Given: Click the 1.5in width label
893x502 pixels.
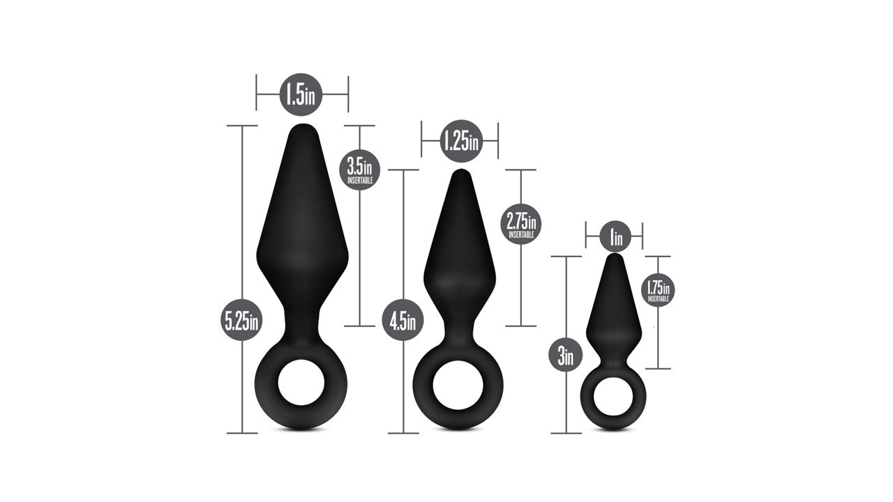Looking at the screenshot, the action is tap(301, 94).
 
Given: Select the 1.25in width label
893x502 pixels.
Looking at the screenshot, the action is tap(461, 141).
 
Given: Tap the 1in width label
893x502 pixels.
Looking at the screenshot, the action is tap(615, 236).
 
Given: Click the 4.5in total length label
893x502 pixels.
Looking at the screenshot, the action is tap(403, 320).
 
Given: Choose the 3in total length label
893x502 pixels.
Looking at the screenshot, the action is tap(566, 355).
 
